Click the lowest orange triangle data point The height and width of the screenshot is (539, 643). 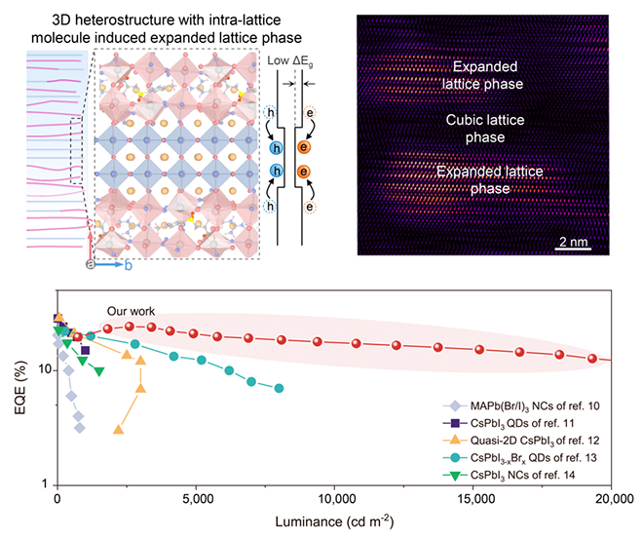point(119,429)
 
